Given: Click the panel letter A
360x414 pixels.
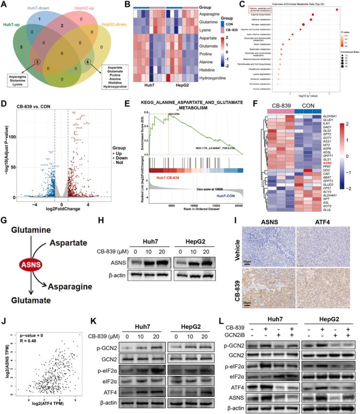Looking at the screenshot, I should click(x=5, y=5).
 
